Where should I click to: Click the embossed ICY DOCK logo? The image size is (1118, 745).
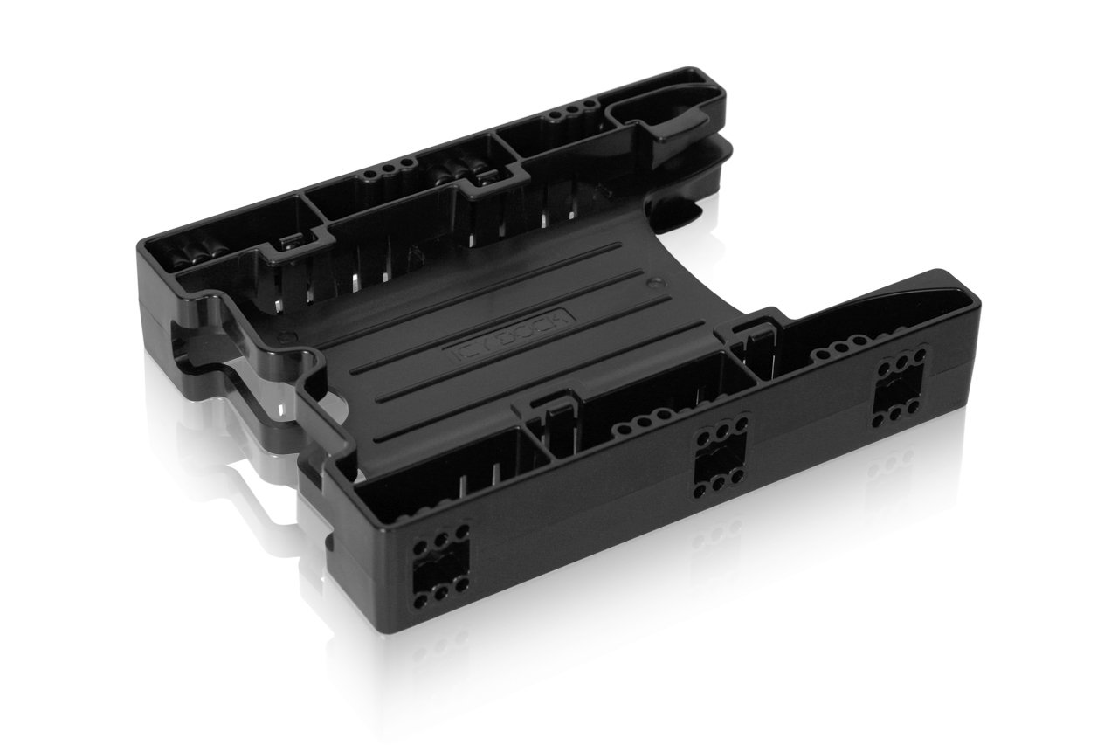tap(516, 335)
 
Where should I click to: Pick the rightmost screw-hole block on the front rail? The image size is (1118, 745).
tap(899, 390)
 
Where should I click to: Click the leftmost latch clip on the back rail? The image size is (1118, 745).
tap(291, 246)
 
